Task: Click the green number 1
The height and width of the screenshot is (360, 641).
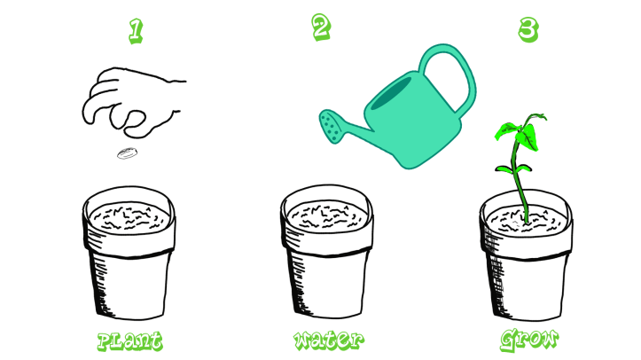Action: point(135,31)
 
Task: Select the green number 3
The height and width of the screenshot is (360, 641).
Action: point(528,29)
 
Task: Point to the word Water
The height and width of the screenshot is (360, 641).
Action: point(327,340)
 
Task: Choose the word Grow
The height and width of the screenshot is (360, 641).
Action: point(528,339)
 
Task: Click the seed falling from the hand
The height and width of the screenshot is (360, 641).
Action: point(125,155)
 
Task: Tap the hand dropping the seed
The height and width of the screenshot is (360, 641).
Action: point(133,102)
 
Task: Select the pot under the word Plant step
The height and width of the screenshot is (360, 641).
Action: point(129,266)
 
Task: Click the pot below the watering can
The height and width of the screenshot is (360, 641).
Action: point(327,266)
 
